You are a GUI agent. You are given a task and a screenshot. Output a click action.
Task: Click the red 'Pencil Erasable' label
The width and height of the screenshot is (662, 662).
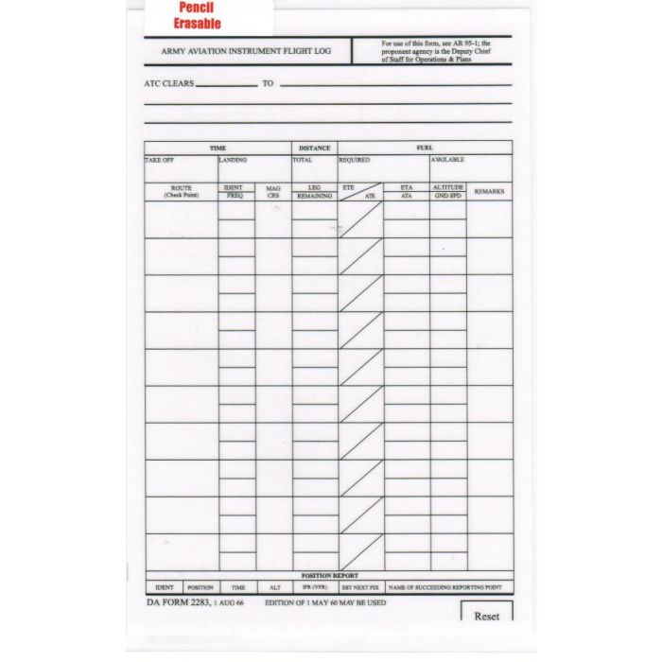pyautogui.click(x=198, y=16)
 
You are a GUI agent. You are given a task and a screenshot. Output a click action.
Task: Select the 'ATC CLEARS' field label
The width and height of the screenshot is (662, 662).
pyautogui.click(x=169, y=83)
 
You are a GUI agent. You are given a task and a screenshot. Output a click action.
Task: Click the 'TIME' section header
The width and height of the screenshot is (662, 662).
pyautogui.click(x=218, y=148)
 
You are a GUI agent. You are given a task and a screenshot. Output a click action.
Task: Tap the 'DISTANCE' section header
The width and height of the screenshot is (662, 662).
pyautogui.click(x=314, y=148)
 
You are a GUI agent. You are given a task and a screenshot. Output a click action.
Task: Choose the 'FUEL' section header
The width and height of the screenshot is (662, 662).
pyautogui.click(x=425, y=148)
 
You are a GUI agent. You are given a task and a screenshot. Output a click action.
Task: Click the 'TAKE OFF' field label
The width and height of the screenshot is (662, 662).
pyautogui.click(x=160, y=160)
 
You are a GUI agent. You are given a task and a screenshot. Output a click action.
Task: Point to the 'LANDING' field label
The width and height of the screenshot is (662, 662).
pyautogui.click(x=233, y=160)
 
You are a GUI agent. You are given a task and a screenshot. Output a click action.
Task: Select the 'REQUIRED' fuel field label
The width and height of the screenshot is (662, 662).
pyautogui.click(x=354, y=160)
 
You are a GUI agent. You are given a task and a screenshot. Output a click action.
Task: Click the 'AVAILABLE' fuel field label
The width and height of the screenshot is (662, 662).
pyautogui.click(x=447, y=160)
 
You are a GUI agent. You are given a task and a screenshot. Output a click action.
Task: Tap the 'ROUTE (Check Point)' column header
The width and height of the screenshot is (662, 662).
pyautogui.click(x=181, y=191)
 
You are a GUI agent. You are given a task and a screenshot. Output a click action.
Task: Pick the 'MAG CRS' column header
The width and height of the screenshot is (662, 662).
pyautogui.click(x=273, y=191)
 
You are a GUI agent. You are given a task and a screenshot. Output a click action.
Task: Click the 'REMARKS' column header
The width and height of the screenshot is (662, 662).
pyautogui.click(x=489, y=191)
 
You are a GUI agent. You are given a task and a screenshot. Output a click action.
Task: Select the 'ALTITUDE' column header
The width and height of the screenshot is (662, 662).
pyautogui.click(x=447, y=187)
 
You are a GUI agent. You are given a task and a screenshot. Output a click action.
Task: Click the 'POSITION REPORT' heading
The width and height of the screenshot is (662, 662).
pyautogui.click(x=329, y=575)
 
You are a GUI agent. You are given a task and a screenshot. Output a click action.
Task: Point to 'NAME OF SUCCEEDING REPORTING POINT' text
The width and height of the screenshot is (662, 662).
pyautogui.click(x=444, y=587)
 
